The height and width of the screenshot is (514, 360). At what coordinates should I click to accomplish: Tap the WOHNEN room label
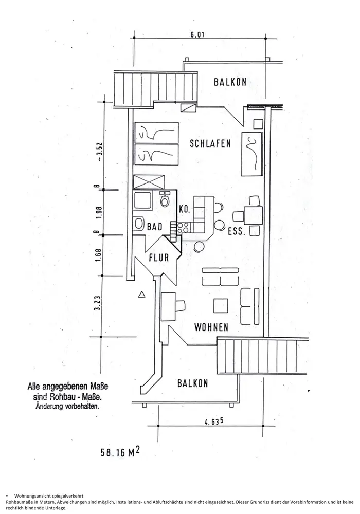(x=211, y=326)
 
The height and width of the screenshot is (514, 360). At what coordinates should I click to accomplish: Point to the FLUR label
(x=159, y=258)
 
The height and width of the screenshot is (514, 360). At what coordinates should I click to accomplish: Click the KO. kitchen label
(x=185, y=210)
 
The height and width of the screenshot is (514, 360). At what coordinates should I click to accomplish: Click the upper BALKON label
(x=229, y=81)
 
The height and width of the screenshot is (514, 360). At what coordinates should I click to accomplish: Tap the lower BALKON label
(x=192, y=383)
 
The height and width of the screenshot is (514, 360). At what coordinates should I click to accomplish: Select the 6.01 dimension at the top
(x=197, y=35)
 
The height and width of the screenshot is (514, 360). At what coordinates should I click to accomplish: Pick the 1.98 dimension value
(x=97, y=211)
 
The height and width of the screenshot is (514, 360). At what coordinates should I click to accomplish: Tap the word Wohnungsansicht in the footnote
(x=36, y=494)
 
